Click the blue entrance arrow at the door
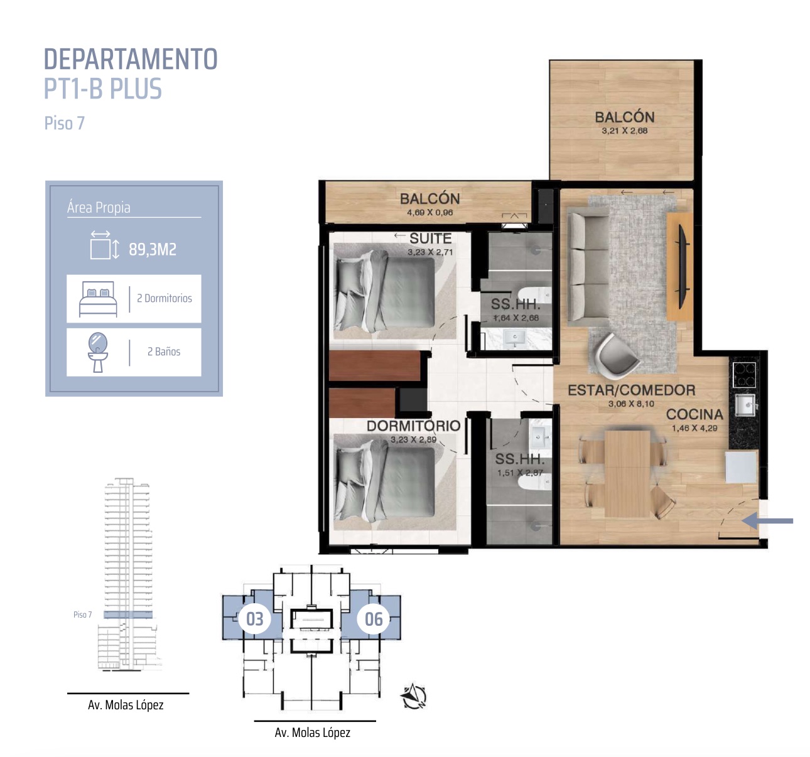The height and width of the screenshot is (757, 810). [x=767, y=521]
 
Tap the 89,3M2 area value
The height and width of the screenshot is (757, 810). [x=153, y=249]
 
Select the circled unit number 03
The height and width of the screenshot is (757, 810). [x=254, y=619]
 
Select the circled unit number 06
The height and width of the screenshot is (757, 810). [x=374, y=619]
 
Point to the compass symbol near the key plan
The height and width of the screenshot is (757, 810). [x=414, y=696]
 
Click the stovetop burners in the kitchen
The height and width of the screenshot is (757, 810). [x=744, y=375]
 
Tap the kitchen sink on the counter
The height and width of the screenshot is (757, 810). [x=745, y=405]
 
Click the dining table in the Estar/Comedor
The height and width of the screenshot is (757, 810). [x=627, y=473]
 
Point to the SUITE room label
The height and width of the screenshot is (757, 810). [x=430, y=238]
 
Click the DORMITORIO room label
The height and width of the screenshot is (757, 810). [x=414, y=426]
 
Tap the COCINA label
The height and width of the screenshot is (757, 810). [x=694, y=414]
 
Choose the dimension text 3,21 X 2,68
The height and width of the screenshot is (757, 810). [x=624, y=131]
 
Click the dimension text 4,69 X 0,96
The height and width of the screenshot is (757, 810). [x=430, y=213]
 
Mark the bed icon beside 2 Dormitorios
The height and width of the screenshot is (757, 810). [x=98, y=299]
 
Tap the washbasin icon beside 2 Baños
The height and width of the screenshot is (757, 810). [x=98, y=352]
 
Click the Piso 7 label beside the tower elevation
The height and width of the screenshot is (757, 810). [x=82, y=615]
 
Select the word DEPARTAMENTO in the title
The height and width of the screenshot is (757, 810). [x=131, y=59]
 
